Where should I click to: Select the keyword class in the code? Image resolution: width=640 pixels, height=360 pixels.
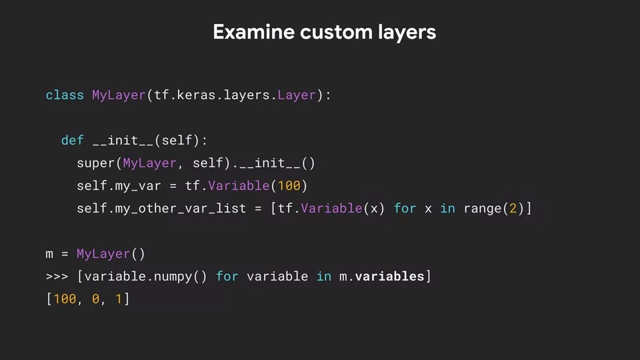coord(65,95)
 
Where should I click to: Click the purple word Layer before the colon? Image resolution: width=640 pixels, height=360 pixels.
coord(297,95)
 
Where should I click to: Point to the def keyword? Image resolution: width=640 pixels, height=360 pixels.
coord(72,141)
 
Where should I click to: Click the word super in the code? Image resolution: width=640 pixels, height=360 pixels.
coord(95,163)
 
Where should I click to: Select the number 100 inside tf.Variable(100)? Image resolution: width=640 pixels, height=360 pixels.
coord(289,186)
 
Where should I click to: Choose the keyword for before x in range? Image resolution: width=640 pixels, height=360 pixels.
coord(405,209)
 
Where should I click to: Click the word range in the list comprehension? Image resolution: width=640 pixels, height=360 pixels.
coord(482,209)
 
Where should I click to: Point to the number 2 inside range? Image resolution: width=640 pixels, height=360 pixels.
coord(513,209)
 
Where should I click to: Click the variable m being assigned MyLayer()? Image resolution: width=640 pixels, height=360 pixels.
coord(49,254)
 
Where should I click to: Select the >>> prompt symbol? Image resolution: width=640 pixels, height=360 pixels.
coord(57,276)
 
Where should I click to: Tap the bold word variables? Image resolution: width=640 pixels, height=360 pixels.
coord(389,276)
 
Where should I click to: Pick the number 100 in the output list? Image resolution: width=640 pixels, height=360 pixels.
coord(65,299)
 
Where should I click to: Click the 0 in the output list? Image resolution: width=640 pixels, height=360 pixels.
coord(95,299)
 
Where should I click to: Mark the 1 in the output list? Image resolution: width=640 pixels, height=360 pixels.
coord(119,299)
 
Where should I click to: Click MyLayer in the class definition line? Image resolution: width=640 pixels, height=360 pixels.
coord(119,95)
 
